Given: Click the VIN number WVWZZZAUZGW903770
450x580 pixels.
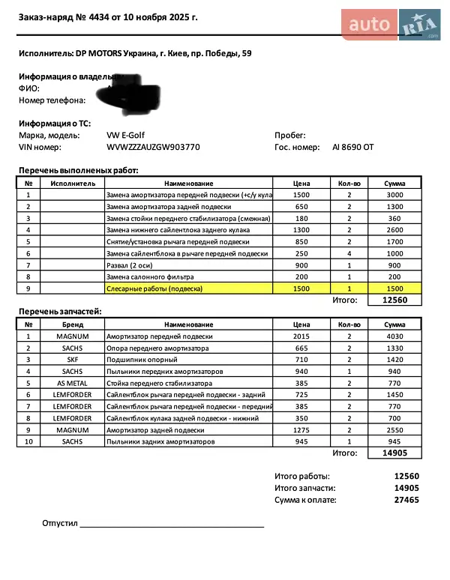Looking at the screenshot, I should click(x=154, y=148).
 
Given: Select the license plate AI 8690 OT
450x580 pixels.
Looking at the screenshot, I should click(x=352, y=148).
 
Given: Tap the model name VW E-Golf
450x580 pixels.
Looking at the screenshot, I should click(x=127, y=136).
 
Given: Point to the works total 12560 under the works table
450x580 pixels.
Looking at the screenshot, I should click(x=394, y=300).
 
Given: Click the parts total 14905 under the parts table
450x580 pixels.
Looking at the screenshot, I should click(x=394, y=453).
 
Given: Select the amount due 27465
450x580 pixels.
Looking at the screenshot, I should click(x=406, y=500).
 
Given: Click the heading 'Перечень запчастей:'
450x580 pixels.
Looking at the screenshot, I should click(x=60, y=311).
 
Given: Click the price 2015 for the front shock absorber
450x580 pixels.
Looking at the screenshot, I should click(x=301, y=336).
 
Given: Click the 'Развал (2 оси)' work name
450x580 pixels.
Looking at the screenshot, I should click(x=132, y=265).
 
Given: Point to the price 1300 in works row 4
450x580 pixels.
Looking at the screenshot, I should click(x=301, y=230).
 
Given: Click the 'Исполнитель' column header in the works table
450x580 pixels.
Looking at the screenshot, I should click(x=73, y=183).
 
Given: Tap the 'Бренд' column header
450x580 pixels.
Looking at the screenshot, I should click(x=73, y=324).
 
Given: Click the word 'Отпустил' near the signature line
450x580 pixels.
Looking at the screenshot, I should click(x=60, y=523).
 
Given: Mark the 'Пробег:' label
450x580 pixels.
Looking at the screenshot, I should click(x=290, y=136).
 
